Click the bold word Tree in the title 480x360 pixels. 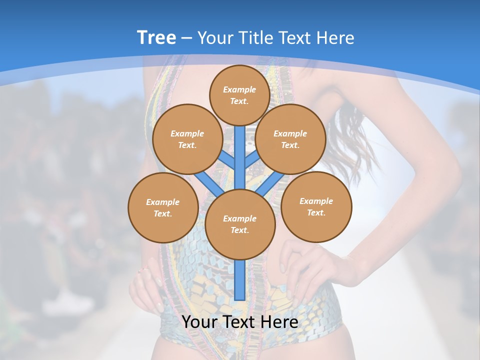(x=156, y=37)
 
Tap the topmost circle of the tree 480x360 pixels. (x=239, y=95)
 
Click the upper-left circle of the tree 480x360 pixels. (x=187, y=139)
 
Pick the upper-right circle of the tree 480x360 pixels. (x=290, y=139)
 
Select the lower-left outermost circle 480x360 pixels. (x=163, y=208)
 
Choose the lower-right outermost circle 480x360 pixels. (x=316, y=207)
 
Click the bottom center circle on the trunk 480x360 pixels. (x=239, y=224)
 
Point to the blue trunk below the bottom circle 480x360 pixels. (x=239, y=280)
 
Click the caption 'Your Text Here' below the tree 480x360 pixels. (x=239, y=322)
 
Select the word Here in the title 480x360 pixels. (x=336, y=37)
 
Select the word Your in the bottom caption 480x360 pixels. (x=200, y=322)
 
